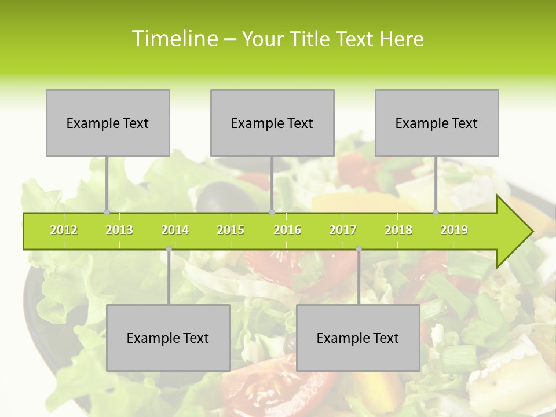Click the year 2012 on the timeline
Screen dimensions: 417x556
pos(64,230)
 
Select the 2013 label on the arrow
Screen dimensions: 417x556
pos(119,230)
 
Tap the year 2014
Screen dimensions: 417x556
pos(175,230)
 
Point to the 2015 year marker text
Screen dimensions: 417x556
pos(231,230)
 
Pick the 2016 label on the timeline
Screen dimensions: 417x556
pos(287,230)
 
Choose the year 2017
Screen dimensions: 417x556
pos(343,230)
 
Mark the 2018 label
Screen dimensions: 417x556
pos(398,230)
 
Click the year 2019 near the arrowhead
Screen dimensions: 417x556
pos(454,230)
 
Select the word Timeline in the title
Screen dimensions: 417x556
pos(174,39)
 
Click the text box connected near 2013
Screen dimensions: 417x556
pos(108,123)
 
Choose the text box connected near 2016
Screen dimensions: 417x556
pos(272,123)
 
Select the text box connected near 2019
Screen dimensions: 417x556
pos(437,123)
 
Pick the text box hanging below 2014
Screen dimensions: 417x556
pos(168,338)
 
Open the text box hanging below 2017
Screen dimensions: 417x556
pos(358,338)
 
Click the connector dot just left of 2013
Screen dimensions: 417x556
pos(107,212)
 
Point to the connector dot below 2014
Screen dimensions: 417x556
pos(169,249)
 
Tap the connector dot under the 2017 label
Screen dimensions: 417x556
pos(359,249)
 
